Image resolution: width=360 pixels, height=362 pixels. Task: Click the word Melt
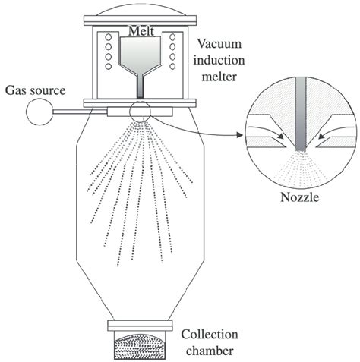pos(141,31)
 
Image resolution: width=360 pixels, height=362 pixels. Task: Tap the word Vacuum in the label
pos(219,44)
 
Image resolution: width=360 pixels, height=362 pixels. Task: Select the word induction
pos(219,60)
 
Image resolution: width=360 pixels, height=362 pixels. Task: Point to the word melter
pos(219,77)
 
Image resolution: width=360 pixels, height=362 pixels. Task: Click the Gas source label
pos(36,90)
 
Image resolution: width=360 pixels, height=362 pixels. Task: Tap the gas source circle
pos(39,112)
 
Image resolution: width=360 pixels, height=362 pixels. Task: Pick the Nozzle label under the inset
pos(300,197)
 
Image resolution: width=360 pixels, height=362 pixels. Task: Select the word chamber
pos(210,351)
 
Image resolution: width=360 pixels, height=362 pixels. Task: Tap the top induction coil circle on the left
pos(109,37)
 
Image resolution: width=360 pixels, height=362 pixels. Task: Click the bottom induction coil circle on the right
pos(172,66)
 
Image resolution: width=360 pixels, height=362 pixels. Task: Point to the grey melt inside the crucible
pos(140,54)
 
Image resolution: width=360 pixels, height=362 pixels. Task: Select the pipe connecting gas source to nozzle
pos(80,112)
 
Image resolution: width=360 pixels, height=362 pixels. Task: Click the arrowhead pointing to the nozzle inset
pos(239,135)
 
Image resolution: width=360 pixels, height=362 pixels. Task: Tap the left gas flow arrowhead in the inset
pos(280,136)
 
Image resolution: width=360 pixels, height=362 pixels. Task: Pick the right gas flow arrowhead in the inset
pos(322,137)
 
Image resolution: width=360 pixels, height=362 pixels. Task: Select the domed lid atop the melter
pos(140,10)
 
